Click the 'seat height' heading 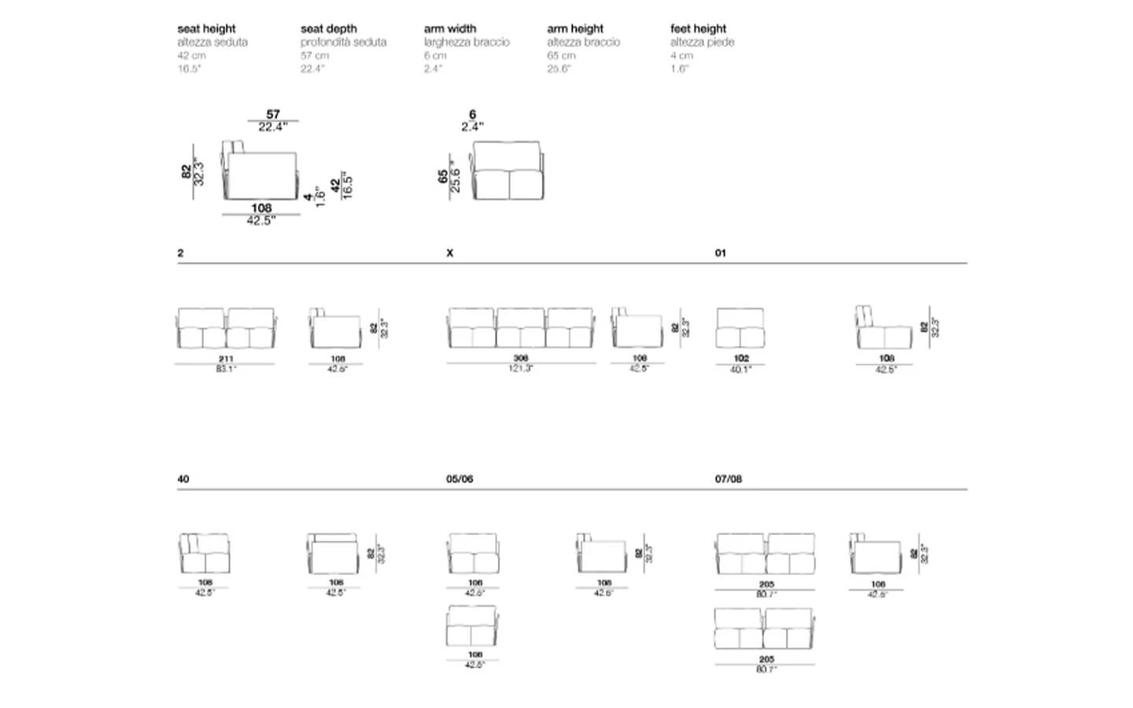coord(206,28)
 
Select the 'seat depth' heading coord(328,28)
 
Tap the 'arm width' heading coord(450,28)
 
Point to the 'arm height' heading coord(575,28)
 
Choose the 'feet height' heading coord(698,28)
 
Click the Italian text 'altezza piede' coord(702,42)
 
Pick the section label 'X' coord(449,253)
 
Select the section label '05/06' coord(459,478)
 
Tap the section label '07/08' coord(728,478)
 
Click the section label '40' coord(183,478)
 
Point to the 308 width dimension coord(520,358)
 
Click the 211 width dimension coord(226,358)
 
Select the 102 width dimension coord(740,358)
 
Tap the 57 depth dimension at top coord(273,114)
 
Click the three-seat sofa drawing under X coord(521,328)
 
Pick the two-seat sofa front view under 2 coord(226,328)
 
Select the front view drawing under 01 coord(740,328)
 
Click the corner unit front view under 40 coord(205,554)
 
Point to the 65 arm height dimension coord(443,177)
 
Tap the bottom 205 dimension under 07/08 coord(766,659)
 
